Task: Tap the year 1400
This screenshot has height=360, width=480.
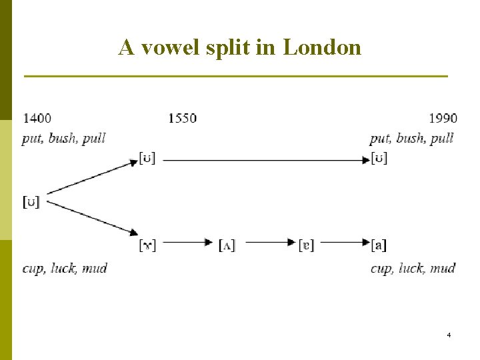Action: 37,118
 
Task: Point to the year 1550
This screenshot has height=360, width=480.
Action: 182,118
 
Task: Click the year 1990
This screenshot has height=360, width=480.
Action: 443,118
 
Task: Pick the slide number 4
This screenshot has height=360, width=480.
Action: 449,334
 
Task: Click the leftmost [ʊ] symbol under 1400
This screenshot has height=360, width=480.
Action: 31,201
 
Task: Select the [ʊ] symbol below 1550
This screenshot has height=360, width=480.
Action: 147,159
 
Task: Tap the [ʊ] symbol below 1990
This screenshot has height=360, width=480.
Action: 379,159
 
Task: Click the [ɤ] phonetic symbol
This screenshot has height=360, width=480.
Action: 147,245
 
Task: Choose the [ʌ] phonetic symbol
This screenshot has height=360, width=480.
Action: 227,245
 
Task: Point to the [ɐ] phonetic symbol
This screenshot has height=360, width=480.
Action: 307,245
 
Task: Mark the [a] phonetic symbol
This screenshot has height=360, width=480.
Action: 379,245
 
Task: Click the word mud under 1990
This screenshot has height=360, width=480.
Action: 443,268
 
